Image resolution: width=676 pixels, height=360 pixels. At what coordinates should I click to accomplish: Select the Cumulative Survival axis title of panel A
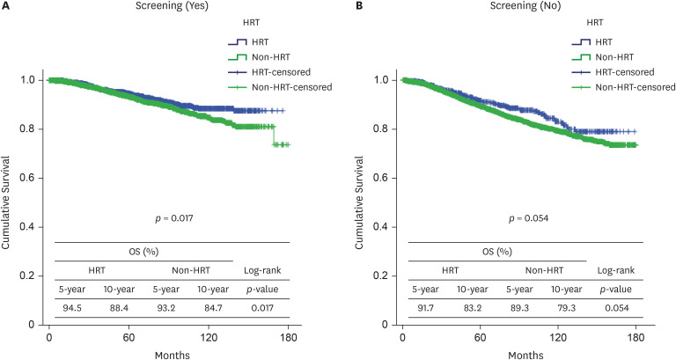(x=8, y=203)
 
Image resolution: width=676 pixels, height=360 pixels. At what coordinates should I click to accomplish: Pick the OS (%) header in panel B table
(x=498, y=252)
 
